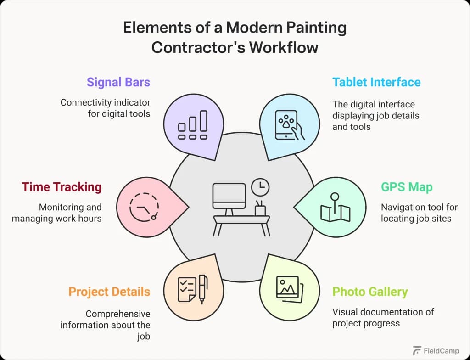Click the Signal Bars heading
click(118, 82)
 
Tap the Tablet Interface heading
click(376, 82)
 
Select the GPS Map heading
click(407, 187)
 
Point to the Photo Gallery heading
click(370, 292)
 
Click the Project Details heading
click(109, 292)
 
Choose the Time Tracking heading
click(62, 187)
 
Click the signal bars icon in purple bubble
click(193, 125)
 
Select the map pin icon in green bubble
click(335, 209)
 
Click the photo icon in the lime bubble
click(288, 288)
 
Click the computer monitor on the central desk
click(229, 196)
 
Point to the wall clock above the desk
click(260, 187)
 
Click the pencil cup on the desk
click(260, 208)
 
